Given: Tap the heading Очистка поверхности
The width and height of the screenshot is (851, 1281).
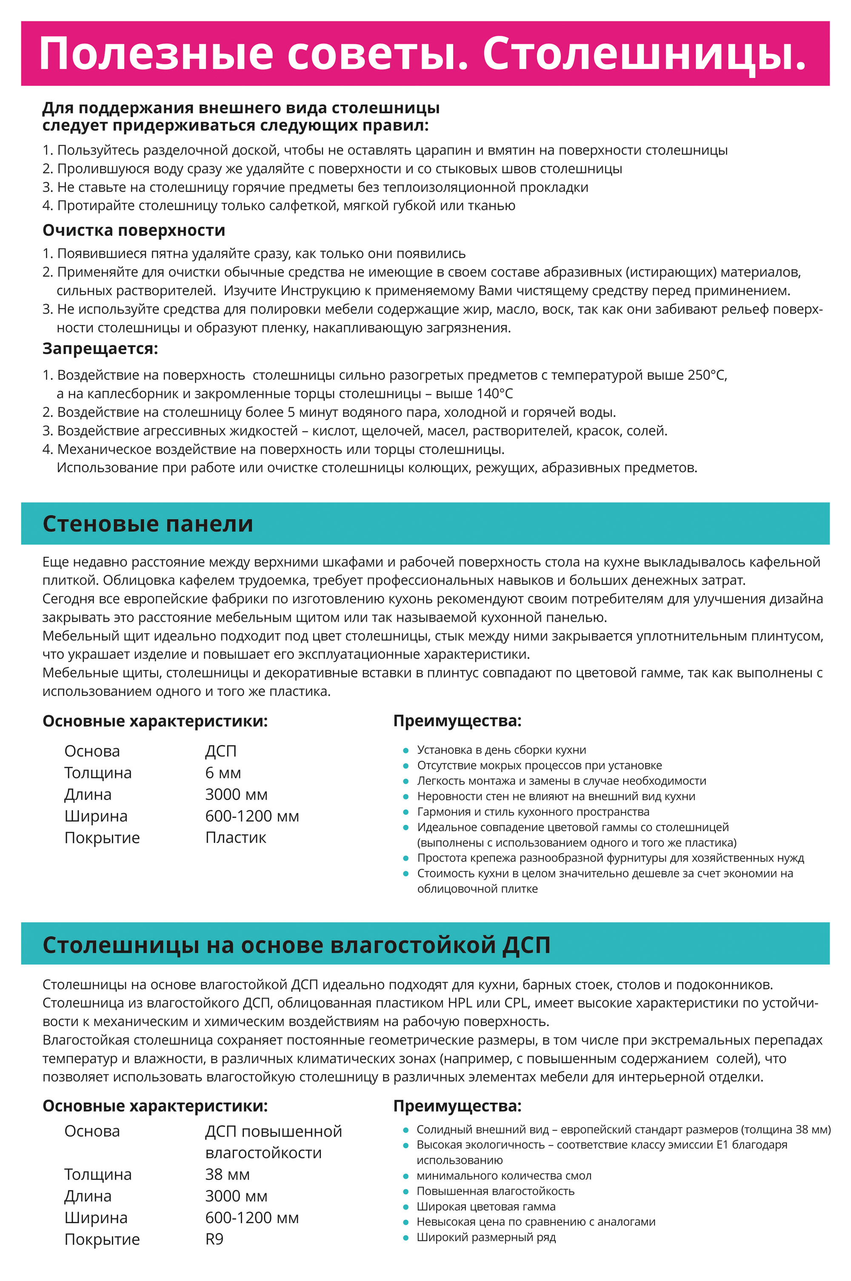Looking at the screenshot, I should [134, 230].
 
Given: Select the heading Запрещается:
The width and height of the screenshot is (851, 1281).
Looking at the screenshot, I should [100, 349].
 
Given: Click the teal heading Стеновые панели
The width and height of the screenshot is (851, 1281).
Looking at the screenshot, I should [148, 524].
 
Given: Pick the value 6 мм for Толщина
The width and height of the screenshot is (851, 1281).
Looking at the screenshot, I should [223, 773].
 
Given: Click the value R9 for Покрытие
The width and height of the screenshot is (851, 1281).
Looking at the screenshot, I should [214, 1239].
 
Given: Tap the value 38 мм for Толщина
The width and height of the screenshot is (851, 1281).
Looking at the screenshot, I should [227, 1174].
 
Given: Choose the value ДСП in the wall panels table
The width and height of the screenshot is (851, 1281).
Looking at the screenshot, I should [220, 751].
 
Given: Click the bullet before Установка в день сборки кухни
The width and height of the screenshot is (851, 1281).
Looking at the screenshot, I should [406, 750].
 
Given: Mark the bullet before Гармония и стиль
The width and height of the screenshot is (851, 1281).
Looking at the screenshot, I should [406, 813].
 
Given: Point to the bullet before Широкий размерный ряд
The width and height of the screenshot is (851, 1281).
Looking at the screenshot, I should [406, 1238].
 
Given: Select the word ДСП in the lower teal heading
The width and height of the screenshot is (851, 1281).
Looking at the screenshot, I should [526, 945].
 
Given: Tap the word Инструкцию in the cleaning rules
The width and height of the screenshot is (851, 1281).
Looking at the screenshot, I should [320, 291].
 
